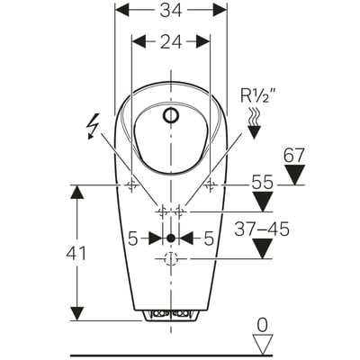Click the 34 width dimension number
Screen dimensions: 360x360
pos(171,11)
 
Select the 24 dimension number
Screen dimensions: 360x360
pos(171,41)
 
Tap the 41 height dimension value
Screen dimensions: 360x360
pos(76,253)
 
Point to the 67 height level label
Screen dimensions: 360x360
pos(294,155)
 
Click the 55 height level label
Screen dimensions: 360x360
pos(262,182)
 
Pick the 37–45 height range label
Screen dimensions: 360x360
pos(262,229)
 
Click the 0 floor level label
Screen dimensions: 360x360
pos(263,326)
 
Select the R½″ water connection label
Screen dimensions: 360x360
pos(257,95)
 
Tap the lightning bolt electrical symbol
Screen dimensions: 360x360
pos(93,126)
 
